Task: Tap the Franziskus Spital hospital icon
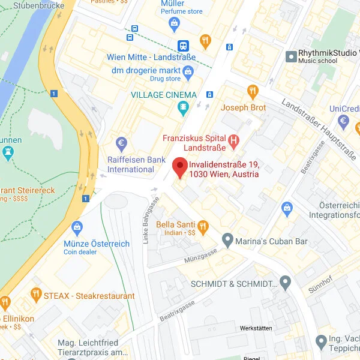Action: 234,142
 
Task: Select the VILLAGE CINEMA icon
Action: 182,108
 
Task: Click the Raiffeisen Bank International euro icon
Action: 122,145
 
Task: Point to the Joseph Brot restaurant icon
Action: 253,92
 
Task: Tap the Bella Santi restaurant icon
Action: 203,226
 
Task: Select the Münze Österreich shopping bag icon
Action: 77,228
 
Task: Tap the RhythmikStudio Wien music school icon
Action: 292,56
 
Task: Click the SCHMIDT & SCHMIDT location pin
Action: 285,282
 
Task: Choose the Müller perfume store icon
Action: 175,24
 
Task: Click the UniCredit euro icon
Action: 344,122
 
